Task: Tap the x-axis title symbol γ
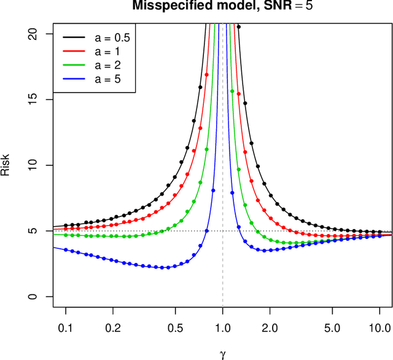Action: click(222, 354)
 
